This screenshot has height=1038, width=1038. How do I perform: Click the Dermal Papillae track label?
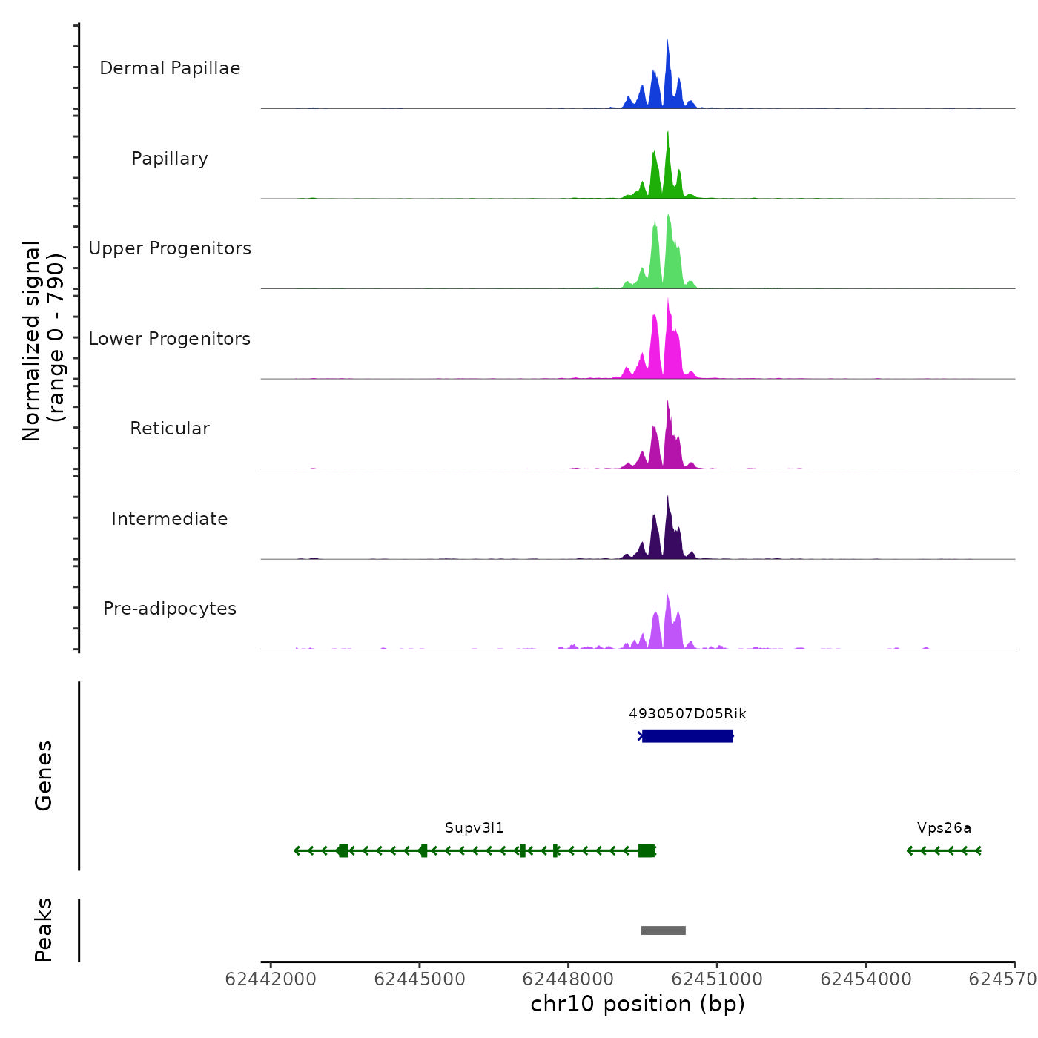pyautogui.click(x=170, y=68)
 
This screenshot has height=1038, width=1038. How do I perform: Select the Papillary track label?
pyautogui.click(x=170, y=159)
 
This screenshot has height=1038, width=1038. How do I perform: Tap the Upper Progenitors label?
pyautogui.click(x=170, y=248)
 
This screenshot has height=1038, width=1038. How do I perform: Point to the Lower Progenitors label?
pyautogui.click(x=170, y=339)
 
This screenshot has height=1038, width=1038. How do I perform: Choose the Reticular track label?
pyautogui.click(x=170, y=429)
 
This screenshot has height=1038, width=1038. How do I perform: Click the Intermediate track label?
pyautogui.click(x=170, y=519)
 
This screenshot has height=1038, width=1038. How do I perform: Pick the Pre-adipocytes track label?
pyautogui.click(x=170, y=609)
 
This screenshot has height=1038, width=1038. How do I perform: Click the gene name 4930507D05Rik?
pyautogui.click(x=687, y=714)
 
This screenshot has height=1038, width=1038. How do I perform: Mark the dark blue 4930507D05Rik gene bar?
pyautogui.click(x=687, y=735)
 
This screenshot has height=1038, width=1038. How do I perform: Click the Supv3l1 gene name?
pyautogui.click(x=474, y=828)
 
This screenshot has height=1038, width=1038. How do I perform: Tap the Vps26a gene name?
pyautogui.click(x=944, y=828)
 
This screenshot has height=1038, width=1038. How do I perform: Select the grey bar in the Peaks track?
pyautogui.click(x=663, y=930)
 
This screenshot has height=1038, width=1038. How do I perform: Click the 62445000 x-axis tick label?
pyautogui.click(x=420, y=979)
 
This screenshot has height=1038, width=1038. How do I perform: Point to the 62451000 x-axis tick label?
pyautogui.click(x=717, y=979)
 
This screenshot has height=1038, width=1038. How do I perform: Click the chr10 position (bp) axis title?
pyautogui.click(x=638, y=1004)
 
